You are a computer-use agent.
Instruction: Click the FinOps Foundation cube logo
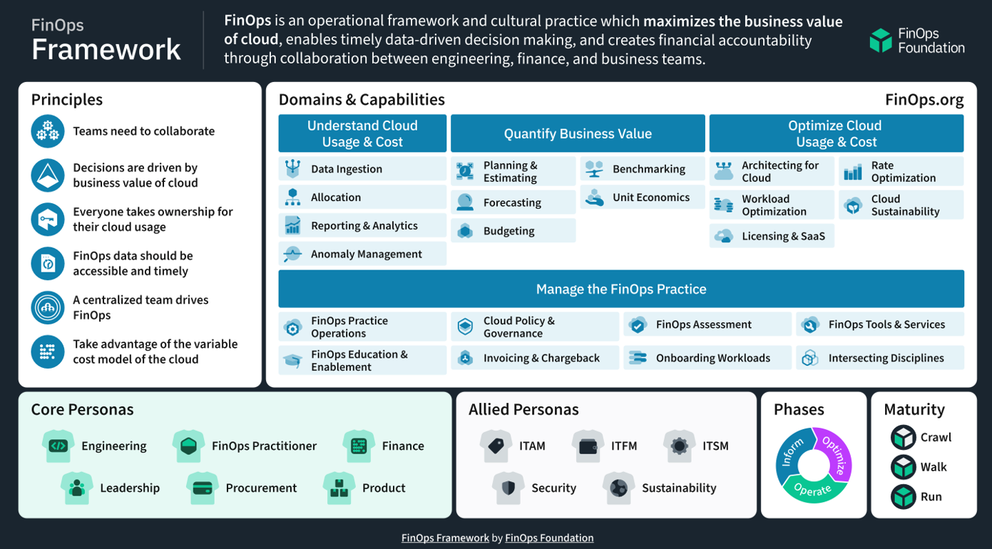[881, 41]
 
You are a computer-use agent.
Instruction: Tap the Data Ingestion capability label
[347, 169]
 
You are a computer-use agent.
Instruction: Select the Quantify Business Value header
[578, 133]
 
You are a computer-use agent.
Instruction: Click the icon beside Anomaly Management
[292, 254]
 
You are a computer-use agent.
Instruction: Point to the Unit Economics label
[651, 197]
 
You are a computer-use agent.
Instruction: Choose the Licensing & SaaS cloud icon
[724, 236]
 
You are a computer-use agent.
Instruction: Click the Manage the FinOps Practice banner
[621, 289]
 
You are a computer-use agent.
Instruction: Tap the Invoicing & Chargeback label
[541, 358]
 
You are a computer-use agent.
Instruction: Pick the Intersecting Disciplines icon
[810, 358]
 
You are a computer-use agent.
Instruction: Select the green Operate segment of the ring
[814, 490]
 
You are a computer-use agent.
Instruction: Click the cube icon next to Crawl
[903, 437]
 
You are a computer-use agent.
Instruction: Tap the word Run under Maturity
[931, 497]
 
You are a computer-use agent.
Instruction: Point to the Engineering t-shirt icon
[58, 446]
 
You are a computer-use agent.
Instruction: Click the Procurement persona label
[261, 488]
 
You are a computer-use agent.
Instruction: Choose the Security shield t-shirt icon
[508, 488]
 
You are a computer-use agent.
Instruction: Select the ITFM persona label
[624, 446]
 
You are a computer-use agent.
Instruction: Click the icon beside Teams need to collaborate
[48, 131]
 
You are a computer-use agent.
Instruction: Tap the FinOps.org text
[924, 100]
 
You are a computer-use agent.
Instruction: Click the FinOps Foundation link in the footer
[549, 538]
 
